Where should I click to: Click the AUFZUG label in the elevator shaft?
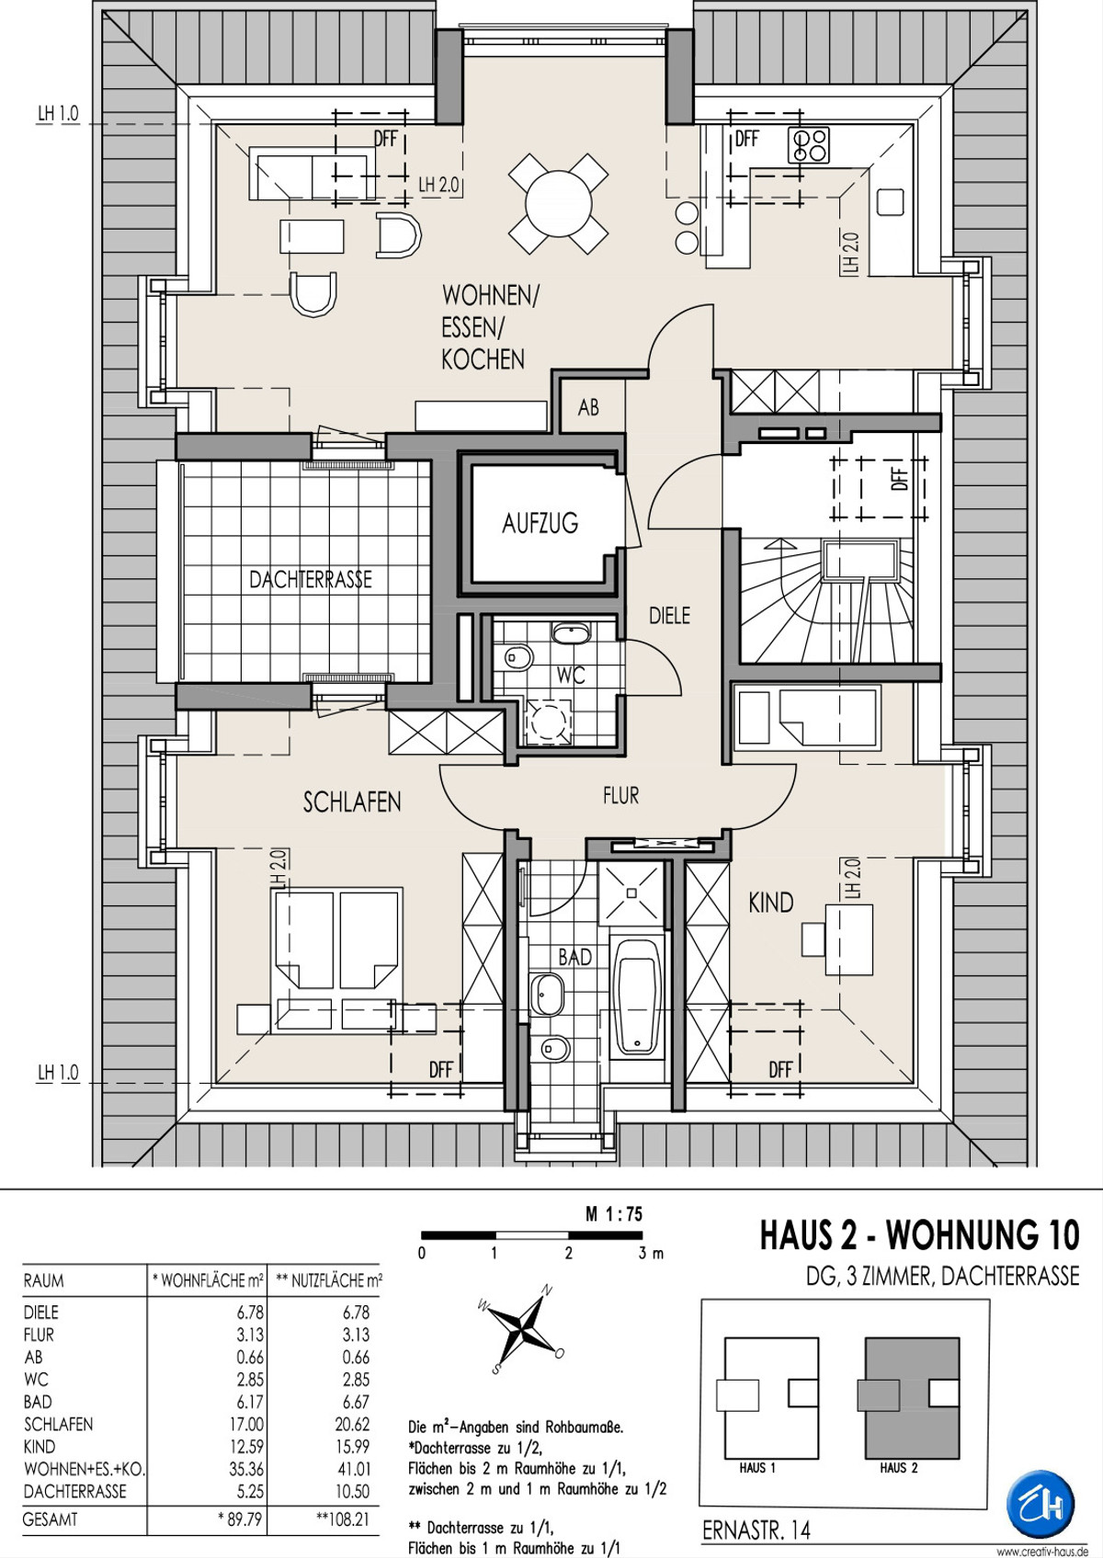[x=540, y=522]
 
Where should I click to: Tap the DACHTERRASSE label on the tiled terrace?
[x=311, y=579]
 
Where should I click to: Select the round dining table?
[x=558, y=204]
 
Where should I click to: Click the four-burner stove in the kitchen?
[x=808, y=145]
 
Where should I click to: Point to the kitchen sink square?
[x=891, y=201]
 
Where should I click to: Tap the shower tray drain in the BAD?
[x=632, y=893]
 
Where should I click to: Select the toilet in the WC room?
[x=518, y=656]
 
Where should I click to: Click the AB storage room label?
[x=588, y=407]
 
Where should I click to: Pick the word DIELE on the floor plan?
[x=670, y=616]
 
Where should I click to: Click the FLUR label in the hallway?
[x=620, y=796]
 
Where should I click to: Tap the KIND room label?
[x=770, y=903]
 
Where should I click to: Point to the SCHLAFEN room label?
[x=352, y=802]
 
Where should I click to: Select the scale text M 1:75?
[x=614, y=1215]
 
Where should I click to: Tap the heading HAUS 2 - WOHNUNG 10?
[x=919, y=1235]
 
